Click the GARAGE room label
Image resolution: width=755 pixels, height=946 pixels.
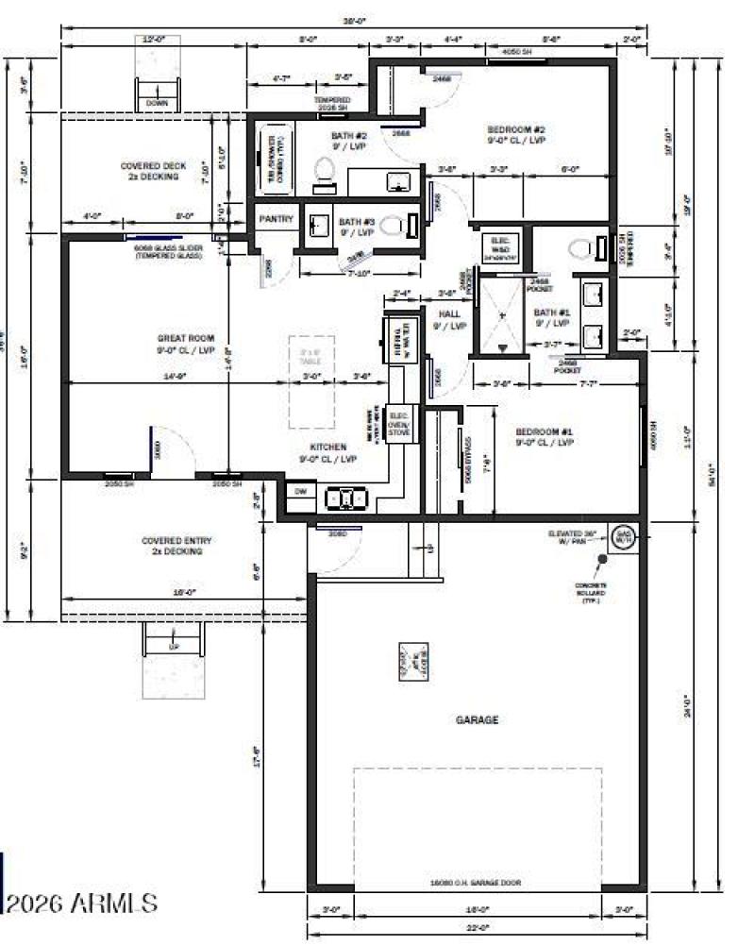point(478,719)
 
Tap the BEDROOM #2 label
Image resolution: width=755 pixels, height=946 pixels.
point(516,135)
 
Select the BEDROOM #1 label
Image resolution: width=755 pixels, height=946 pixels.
point(545,436)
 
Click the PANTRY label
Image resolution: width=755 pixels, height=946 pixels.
point(277,219)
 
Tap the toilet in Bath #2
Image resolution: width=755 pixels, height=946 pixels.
point(323,170)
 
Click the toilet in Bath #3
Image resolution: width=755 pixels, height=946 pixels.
point(411,225)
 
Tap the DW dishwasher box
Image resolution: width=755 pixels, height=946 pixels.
point(300,491)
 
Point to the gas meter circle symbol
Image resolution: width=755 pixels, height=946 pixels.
point(622,535)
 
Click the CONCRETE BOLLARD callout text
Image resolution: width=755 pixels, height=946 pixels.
point(591,592)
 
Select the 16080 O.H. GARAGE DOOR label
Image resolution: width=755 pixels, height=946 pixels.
point(478,883)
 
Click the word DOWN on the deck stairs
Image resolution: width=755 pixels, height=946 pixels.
point(157,104)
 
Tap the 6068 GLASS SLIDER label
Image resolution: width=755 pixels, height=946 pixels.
point(158,252)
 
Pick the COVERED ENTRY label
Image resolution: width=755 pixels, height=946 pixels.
point(176,546)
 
